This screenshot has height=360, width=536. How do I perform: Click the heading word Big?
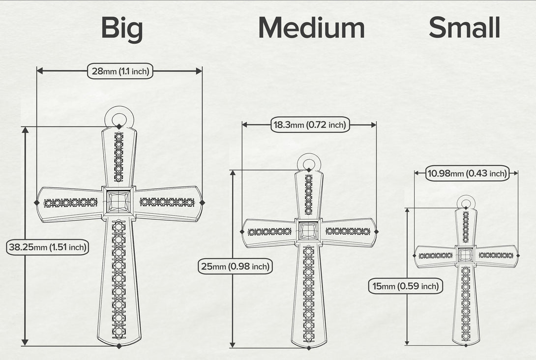122,29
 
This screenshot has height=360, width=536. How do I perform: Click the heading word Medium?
311,28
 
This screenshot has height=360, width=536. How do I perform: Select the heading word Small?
465,28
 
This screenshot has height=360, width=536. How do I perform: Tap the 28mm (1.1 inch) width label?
120,71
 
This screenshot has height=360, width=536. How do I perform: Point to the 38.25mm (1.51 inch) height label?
48,247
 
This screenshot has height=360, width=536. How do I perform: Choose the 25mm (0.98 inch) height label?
235,267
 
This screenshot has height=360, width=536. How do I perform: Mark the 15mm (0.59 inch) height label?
405,286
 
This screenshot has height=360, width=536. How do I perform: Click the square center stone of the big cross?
119,202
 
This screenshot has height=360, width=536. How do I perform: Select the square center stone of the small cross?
465,255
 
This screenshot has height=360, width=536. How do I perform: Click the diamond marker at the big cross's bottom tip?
119,346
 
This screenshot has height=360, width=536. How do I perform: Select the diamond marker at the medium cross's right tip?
376,232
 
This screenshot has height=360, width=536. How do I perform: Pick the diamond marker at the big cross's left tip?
37,203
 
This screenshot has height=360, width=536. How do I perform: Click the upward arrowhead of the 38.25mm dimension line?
25,130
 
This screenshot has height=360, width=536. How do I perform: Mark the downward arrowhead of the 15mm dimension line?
407,342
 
